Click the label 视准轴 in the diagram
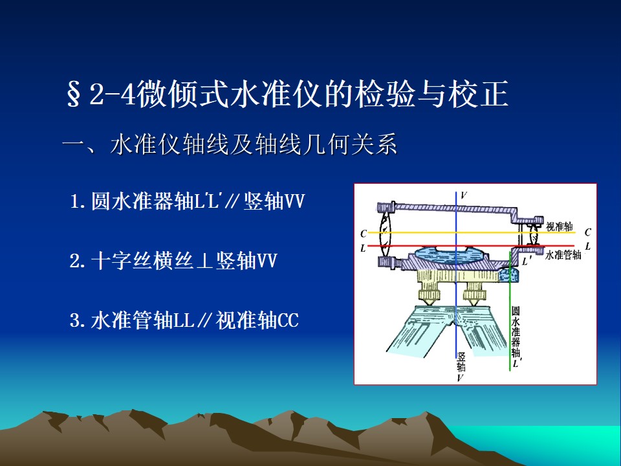(559, 227)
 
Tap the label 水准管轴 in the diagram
(563, 255)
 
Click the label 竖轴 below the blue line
(461, 361)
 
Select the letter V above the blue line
(463, 195)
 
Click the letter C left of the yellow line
(364, 234)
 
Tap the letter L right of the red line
(588, 247)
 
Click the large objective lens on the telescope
(385, 235)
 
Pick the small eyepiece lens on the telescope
(534, 236)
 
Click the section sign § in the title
(73, 95)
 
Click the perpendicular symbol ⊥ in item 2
(205, 261)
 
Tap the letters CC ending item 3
(288, 320)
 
